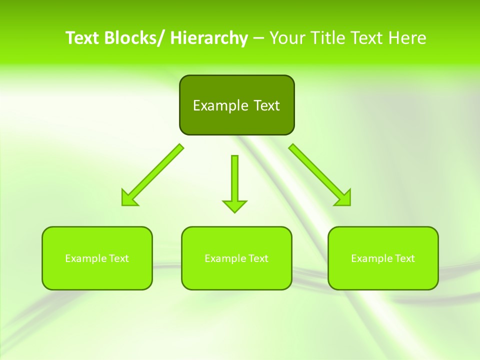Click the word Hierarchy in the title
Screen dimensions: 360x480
pyautogui.click(x=208, y=38)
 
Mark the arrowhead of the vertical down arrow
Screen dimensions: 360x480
pyautogui.click(x=235, y=206)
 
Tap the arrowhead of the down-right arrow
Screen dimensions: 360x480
pyautogui.click(x=343, y=198)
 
